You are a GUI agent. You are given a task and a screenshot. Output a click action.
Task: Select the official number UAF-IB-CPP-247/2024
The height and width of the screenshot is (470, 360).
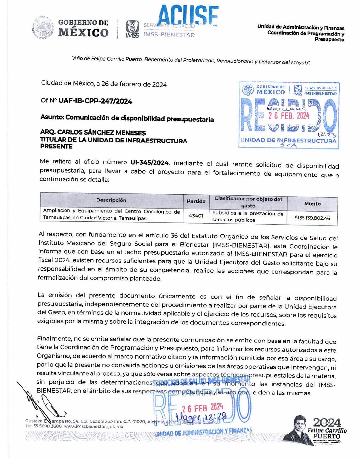(95, 101)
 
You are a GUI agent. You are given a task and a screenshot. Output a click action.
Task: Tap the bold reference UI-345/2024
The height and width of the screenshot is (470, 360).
(149, 163)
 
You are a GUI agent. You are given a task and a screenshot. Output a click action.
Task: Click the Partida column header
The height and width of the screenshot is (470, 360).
(196, 201)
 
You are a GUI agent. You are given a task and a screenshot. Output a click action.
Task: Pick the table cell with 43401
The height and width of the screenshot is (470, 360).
(196, 216)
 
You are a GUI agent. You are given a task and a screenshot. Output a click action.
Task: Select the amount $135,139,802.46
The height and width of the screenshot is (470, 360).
(312, 218)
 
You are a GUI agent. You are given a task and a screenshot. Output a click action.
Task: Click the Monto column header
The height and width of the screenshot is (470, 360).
(312, 204)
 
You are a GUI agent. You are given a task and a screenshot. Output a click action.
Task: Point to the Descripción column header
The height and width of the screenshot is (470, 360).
(111, 200)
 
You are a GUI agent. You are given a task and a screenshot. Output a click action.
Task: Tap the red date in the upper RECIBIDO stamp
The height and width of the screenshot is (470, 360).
(289, 116)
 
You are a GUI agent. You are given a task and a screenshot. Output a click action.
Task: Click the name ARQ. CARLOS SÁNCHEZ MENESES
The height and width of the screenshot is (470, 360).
(93, 133)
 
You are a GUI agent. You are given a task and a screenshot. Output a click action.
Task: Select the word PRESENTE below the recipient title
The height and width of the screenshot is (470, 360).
(56, 147)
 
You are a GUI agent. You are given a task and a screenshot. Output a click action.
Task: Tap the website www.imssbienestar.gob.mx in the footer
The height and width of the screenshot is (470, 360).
(93, 427)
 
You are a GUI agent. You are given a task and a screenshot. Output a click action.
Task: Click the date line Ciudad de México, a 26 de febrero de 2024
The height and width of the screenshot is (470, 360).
(104, 84)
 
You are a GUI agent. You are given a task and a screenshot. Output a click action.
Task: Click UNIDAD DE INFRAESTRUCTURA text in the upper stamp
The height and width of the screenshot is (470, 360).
(288, 140)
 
